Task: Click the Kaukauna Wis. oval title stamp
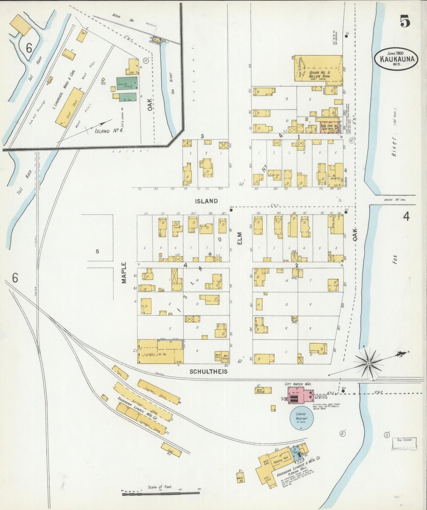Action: (396, 59)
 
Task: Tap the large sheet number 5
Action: (405, 21)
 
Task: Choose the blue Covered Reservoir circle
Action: (301, 417)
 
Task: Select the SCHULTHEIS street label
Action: (209, 371)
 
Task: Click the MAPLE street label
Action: (124, 273)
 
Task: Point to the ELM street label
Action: (240, 238)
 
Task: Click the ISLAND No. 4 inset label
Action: (109, 131)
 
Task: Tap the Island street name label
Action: (206, 201)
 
